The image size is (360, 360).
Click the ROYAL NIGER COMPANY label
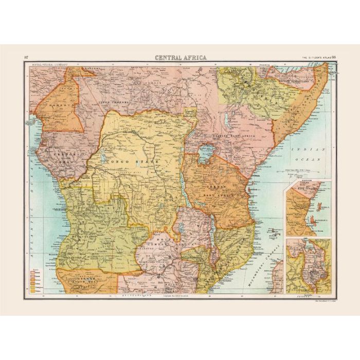click(49, 65)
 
